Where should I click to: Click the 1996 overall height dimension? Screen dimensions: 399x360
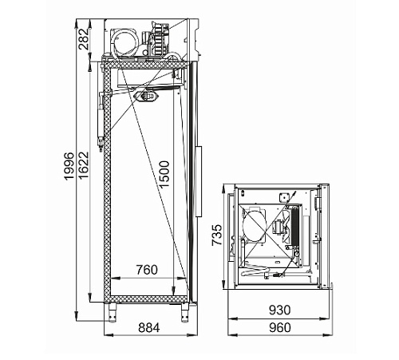click(x=69, y=166)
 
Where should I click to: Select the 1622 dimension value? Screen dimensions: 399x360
click(x=83, y=165)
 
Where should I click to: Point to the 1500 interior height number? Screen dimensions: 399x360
click(x=164, y=174)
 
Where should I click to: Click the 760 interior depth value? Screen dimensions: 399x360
click(x=147, y=270)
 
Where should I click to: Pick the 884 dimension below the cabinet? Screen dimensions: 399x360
click(x=149, y=327)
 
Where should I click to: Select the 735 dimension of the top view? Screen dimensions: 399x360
click(x=217, y=235)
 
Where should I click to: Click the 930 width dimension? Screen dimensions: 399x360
click(x=280, y=310)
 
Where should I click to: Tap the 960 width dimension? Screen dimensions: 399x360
click(x=280, y=327)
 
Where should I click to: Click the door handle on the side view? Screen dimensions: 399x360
click(x=199, y=181)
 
